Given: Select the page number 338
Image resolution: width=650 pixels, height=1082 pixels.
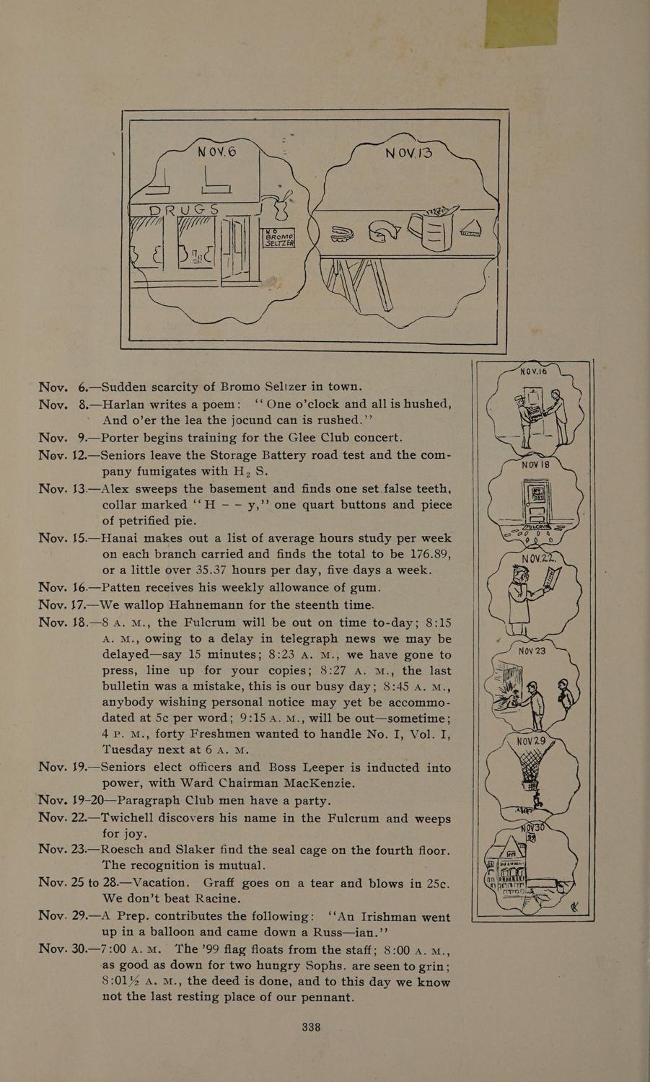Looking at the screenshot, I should point(310,1027).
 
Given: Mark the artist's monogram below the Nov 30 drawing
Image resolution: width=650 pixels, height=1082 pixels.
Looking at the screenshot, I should point(575,906).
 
